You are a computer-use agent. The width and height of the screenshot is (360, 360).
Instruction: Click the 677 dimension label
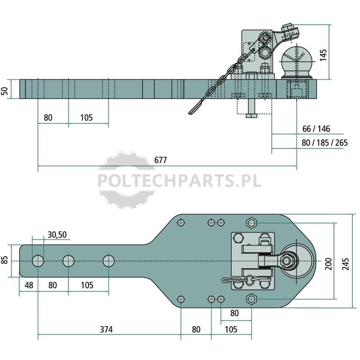(161, 160)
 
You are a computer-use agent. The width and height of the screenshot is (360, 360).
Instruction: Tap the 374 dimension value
(106, 329)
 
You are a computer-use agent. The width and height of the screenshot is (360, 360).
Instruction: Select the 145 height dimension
(323, 55)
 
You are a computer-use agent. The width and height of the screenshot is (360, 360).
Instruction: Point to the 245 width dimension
(346, 264)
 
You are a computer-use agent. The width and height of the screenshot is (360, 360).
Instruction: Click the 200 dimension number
(328, 264)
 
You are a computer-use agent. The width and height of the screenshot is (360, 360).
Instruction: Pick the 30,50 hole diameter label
(57, 234)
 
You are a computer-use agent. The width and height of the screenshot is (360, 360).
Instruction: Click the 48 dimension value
(29, 285)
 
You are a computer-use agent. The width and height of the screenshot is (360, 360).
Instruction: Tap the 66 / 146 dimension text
(316, 129)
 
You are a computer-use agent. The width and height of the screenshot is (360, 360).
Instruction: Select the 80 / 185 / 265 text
(324, 143)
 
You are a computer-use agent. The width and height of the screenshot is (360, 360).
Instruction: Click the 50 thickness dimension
(5, 91)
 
